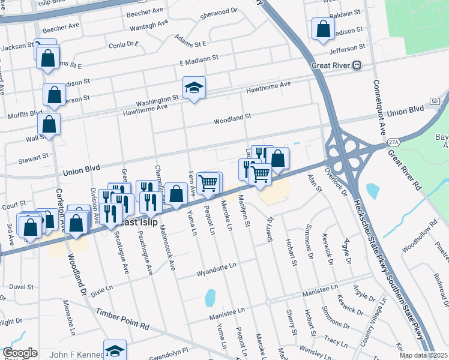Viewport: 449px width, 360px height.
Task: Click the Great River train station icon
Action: pos(357,65)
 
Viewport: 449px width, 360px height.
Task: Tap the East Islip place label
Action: pos(139,222)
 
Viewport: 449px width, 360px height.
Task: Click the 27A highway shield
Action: pos(393,142)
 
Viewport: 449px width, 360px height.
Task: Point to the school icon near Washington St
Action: pos(194,89)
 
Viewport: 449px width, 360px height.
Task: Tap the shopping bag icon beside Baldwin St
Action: pos(323,30)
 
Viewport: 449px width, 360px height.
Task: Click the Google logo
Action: pos(20,353)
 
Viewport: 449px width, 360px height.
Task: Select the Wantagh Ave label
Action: pos(149,26)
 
